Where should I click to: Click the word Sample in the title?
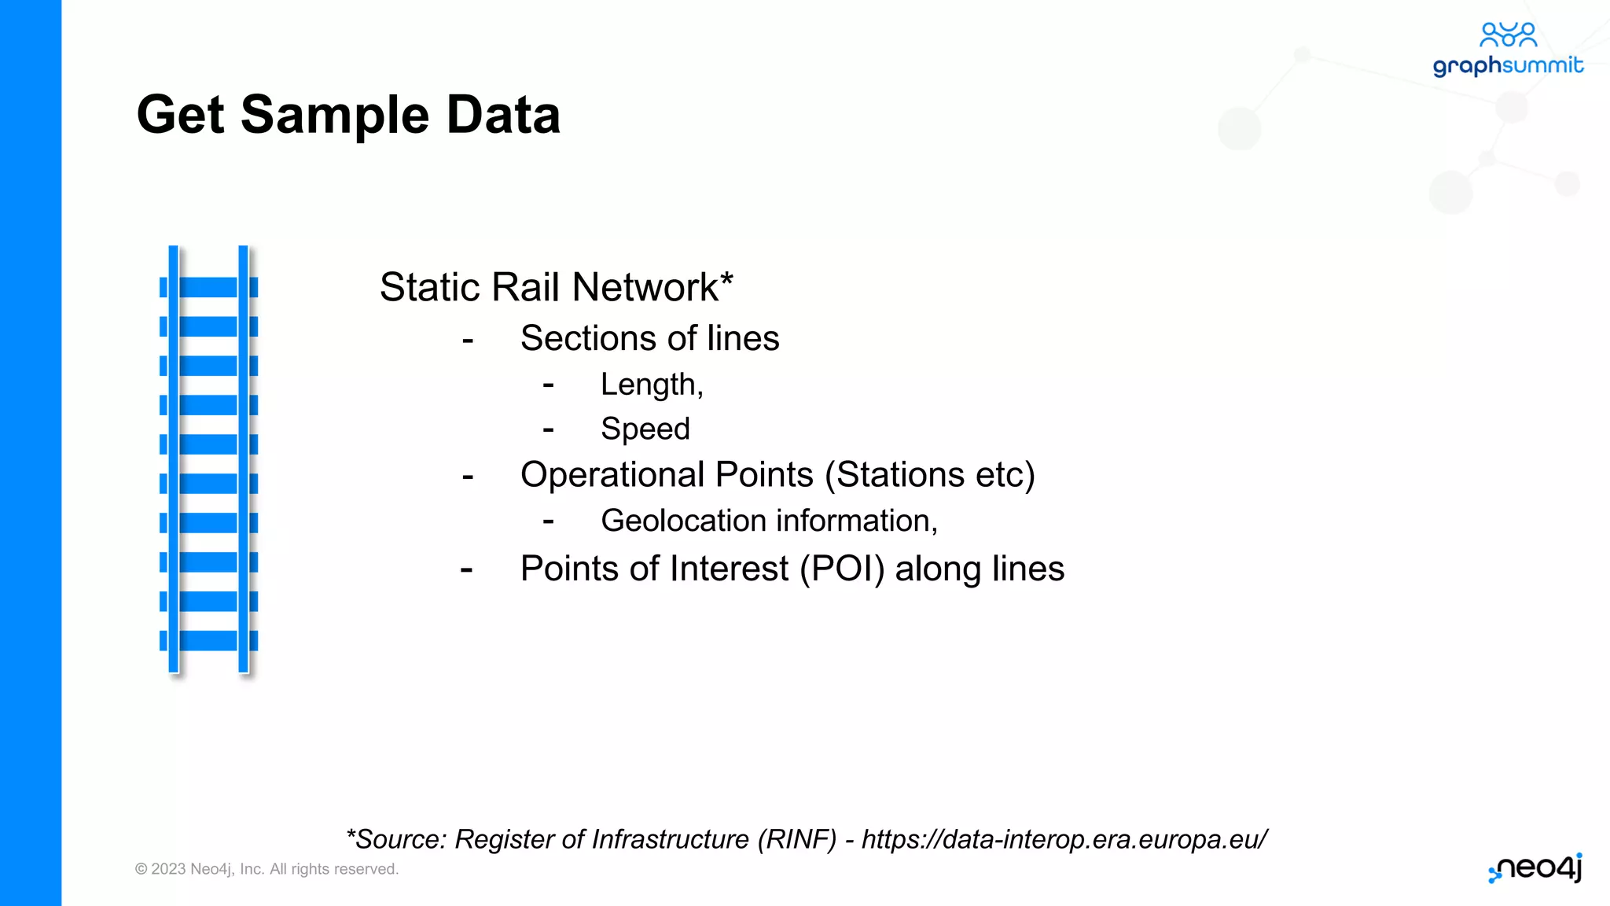[x=335, y=116]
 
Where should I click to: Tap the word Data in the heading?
[x=503, y=116]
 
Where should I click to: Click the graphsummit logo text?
[x=1507, y=65]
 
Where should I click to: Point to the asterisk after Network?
[x=726, y=278]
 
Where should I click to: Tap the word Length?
[x=649, y=385]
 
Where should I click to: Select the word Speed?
[x=645, y=429]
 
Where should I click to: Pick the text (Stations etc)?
[x=930, y=475]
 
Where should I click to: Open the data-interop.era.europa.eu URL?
[x=1064, y=840]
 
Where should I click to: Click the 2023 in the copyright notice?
[x=167, y=869]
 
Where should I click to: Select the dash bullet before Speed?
[x=548, y=429]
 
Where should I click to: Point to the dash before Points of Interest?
[x=467, y=569]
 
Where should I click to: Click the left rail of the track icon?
[x=173, y=459]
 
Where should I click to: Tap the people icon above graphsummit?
[x=1508, y=35]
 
